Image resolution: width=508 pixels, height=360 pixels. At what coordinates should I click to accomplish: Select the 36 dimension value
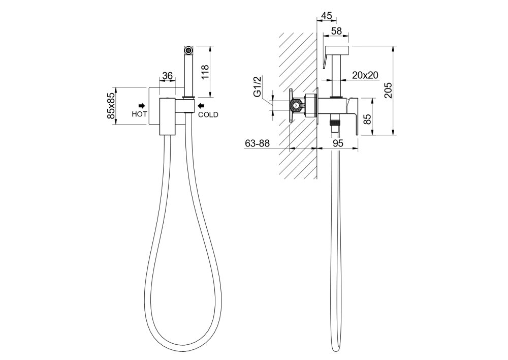[167, 76]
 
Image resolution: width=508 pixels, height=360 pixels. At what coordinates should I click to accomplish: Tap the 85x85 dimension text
[111, 105]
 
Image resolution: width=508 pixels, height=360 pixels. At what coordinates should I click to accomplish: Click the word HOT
[139, 114]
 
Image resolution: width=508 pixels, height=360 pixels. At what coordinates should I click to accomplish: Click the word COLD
[208, 114]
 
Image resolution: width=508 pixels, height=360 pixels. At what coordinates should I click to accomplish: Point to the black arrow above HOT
[142, 105]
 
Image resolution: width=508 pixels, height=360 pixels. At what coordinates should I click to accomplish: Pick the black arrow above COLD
[201, 105]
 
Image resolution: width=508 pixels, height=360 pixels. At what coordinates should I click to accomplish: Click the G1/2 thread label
[257, 86]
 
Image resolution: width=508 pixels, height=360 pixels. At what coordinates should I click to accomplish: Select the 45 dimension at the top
[327, 16]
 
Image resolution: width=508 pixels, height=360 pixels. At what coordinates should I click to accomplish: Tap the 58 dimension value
[337, 31]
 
